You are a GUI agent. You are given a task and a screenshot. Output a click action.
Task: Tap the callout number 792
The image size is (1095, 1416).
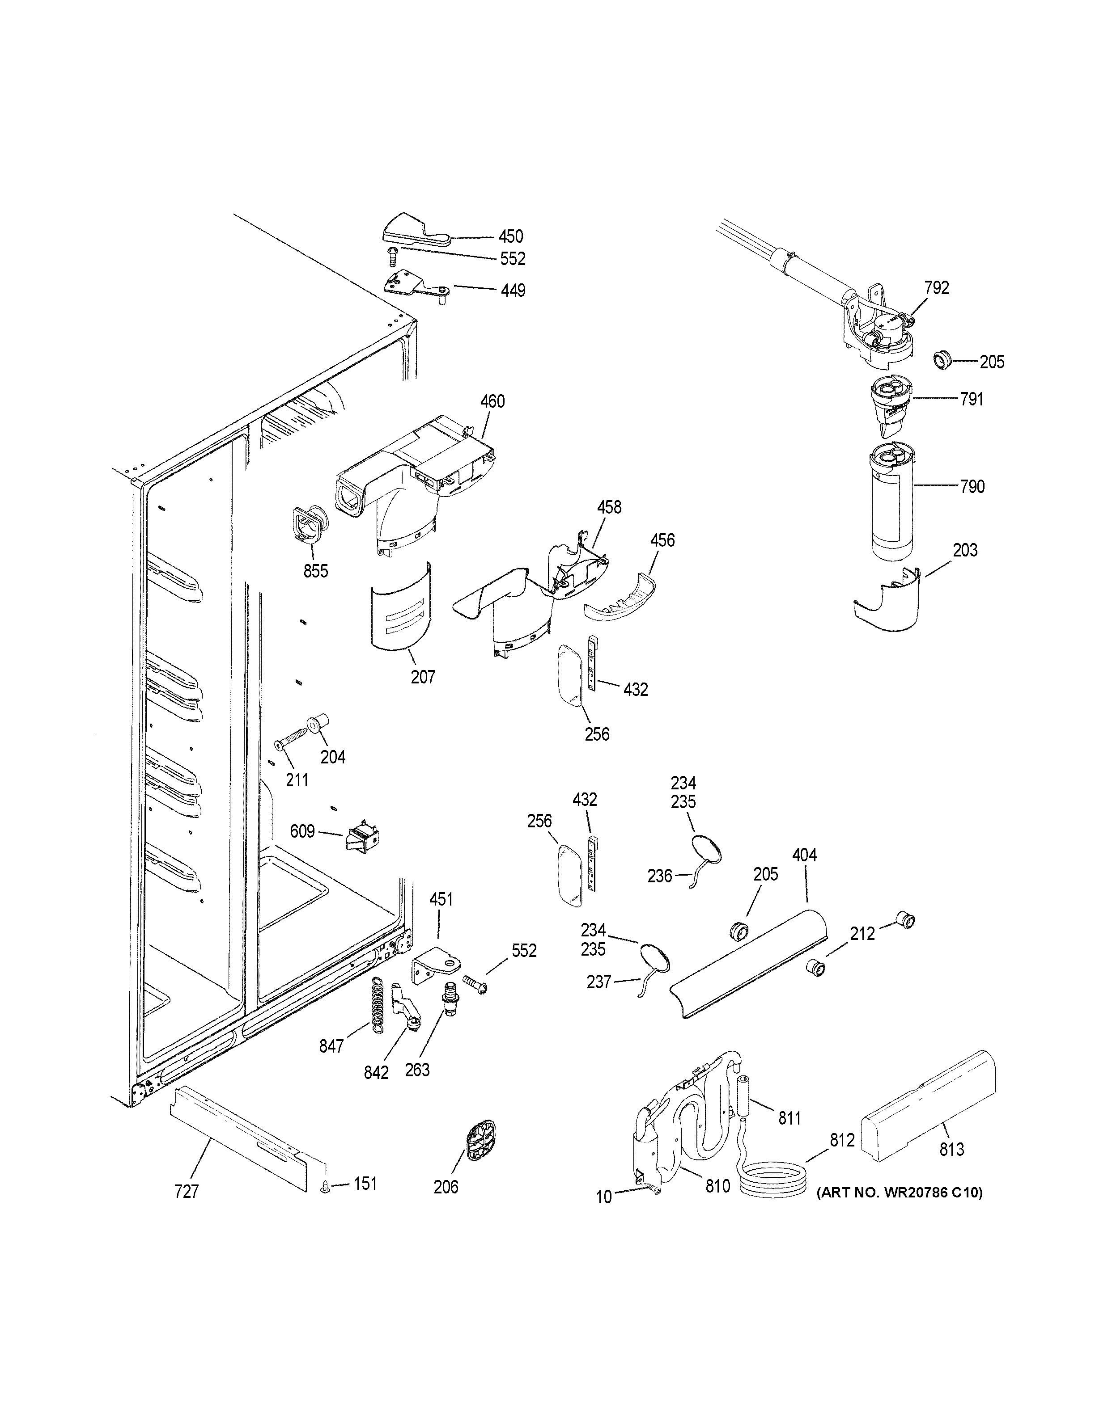tap(937, 288)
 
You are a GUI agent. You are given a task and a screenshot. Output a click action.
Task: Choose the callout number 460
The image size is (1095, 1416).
tap(492, 401)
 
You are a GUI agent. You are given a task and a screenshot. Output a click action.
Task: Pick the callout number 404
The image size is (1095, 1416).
tap(804, 855)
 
